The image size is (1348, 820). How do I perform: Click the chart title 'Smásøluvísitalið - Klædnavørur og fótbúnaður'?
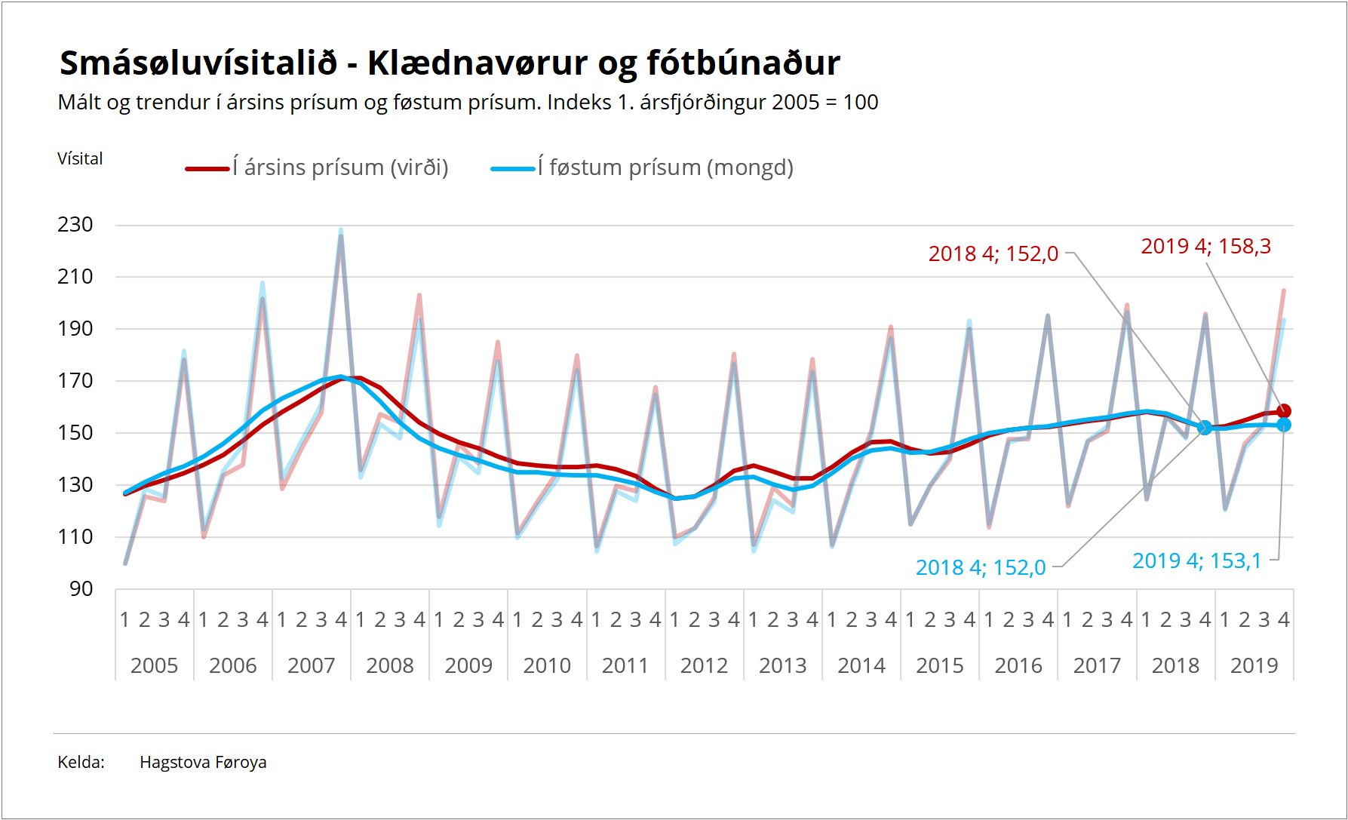(450, 63)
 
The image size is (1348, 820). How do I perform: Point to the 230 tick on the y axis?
(75, 225)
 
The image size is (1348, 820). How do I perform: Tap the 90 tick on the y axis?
(81, 589)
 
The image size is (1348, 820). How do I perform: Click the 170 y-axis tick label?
(75, 381)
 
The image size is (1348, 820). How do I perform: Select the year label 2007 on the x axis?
(311, 665)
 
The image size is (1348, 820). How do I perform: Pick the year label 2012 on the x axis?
(704, 665)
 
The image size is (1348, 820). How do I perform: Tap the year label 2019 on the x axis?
(1254, 665)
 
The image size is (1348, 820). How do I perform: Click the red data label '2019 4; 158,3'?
(1205, 247)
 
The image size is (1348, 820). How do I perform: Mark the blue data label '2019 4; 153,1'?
(1196, 561)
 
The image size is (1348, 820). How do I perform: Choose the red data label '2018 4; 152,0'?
(993, 254)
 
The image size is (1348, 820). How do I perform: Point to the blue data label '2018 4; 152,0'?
(981, 568)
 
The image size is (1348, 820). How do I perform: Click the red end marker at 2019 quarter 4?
(1284, 411)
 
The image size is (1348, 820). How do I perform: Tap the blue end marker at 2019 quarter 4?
(1284, 425)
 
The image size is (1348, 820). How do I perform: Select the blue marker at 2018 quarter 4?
(1205, 428)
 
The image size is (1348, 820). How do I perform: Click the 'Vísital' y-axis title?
(80, 159)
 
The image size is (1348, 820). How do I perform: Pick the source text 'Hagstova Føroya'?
(203, 763)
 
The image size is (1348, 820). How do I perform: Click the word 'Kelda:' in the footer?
(81, 763)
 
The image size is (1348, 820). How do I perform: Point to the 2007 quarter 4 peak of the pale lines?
(341, 232)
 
